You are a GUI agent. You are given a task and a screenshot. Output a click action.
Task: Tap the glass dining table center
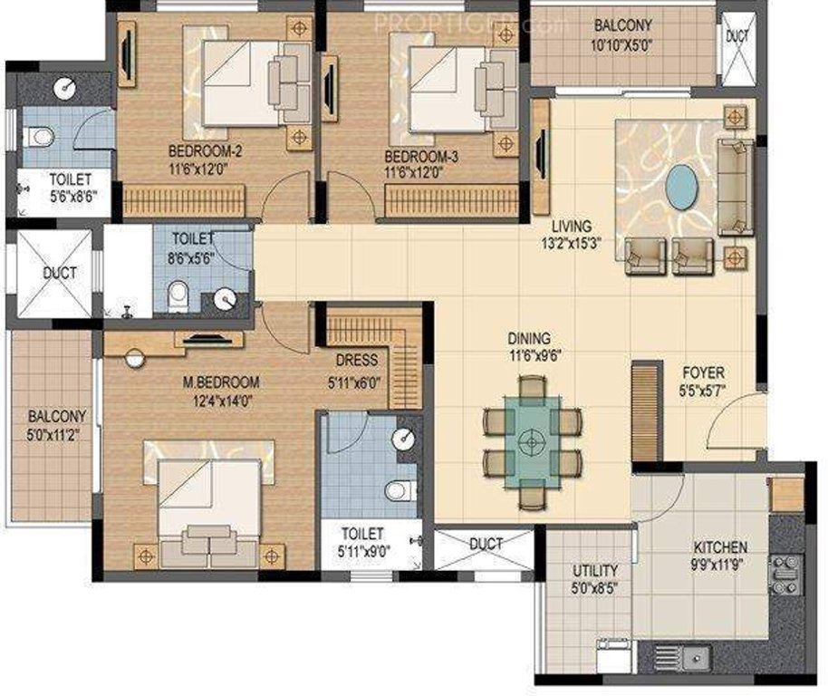[x=532, y=441]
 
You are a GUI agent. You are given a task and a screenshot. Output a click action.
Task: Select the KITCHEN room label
[x=720, y=547]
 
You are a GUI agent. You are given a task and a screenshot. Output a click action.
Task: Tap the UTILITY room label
[x=594, y=570]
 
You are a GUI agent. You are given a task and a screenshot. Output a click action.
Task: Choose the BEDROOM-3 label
[x=420, y=156]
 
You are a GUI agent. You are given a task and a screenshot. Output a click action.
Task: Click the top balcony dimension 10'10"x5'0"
[x=621, y=43]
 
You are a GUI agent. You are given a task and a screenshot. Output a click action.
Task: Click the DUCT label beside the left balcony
[x=60, y=272]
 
